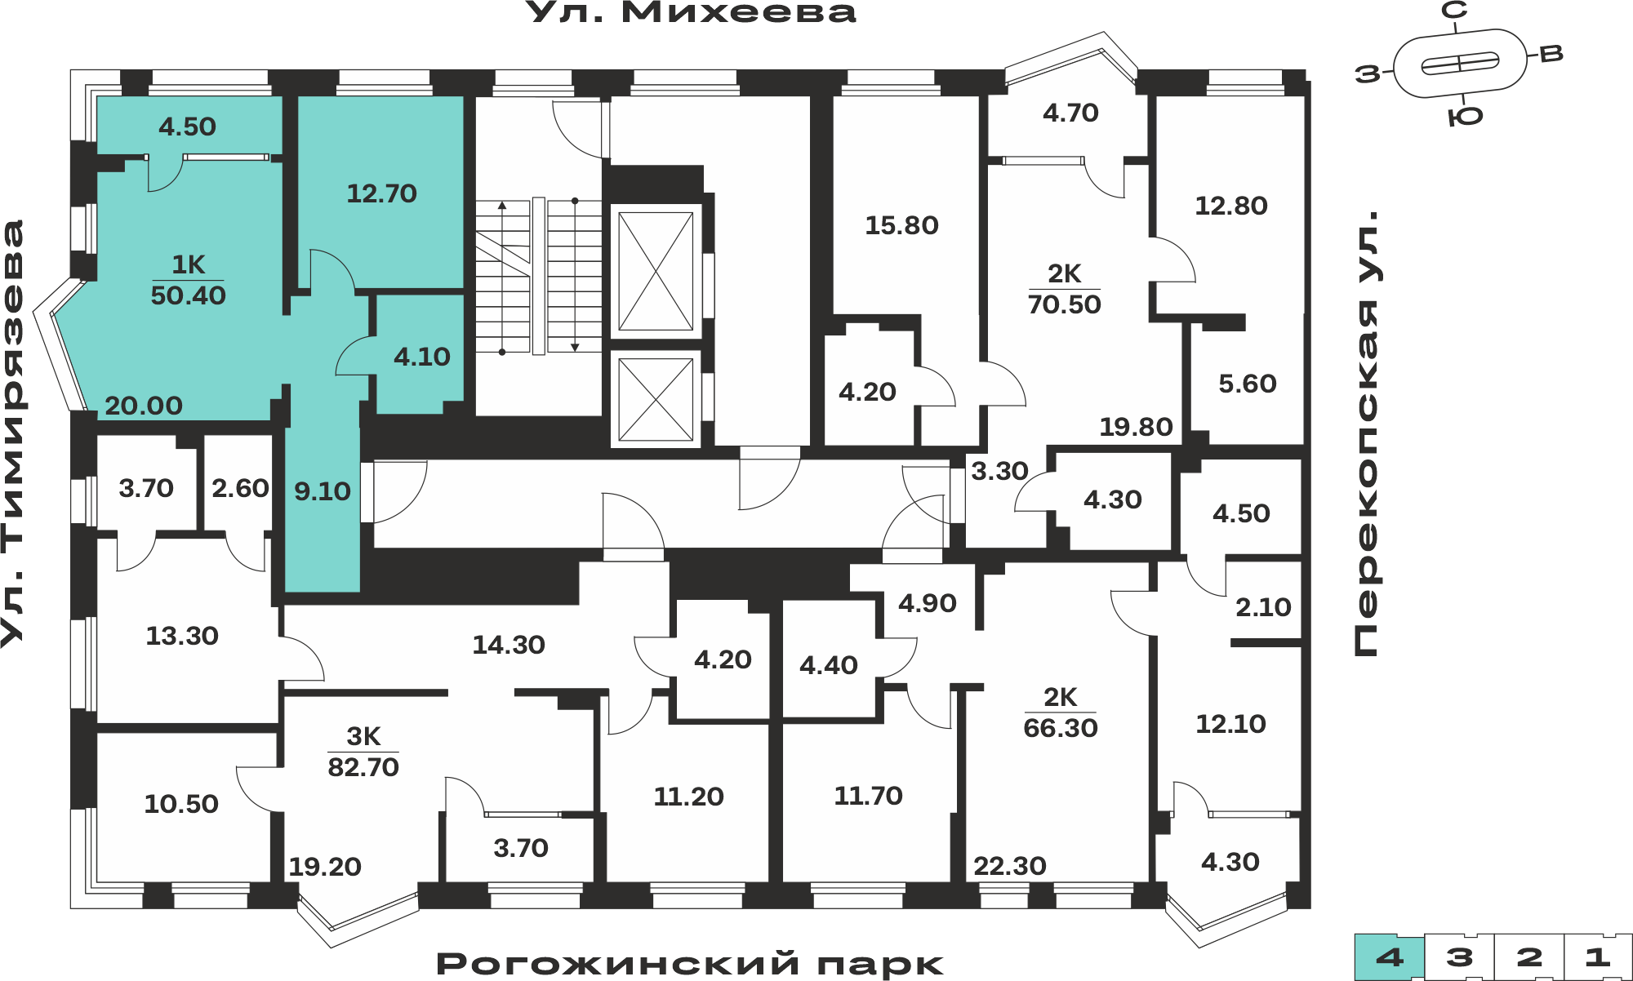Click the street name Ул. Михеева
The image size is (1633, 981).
[x=691, y=12]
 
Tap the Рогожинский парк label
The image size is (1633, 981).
[x=690, y=964]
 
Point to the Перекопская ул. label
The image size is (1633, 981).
[x=1366, y=433]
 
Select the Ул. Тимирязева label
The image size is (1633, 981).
[x=13, y=433]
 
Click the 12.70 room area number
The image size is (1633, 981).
[x=381, y=193]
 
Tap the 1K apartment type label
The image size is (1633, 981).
[x=188, y=264]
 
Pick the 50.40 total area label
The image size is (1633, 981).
[x=188, y=295]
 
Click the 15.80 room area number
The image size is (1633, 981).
[x=901, y=225]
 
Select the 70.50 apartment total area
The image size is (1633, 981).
[x=1064, y=304]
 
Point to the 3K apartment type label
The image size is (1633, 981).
[x=363, y=736]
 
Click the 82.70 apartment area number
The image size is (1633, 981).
[x=363, y=767]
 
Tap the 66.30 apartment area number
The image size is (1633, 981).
[x=1061, y=728]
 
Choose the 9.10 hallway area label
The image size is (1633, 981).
[x=323, y=491]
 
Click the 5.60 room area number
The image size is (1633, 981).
[x=1247, y=384]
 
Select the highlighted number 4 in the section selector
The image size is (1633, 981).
[x=1390, y=957]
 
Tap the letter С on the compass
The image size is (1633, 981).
[x=1454, y=11]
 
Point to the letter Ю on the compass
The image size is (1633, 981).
[x=1465, y=118]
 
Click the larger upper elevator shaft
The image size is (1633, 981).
[x=656, y=271]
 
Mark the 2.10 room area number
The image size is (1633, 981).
[x=1263, y=607]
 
